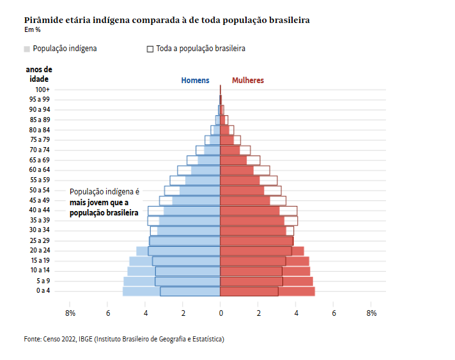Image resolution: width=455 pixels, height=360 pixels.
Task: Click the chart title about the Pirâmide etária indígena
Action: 167,20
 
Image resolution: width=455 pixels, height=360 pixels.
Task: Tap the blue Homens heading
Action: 195,81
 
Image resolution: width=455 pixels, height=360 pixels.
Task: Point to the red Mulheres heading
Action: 248,81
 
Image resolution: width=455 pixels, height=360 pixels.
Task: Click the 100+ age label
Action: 43,90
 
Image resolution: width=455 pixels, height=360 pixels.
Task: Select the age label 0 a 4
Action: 43,291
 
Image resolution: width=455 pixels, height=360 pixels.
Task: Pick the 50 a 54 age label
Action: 40,191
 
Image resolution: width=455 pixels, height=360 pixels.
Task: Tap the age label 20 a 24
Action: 40,251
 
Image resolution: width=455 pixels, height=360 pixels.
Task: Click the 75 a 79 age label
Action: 40,140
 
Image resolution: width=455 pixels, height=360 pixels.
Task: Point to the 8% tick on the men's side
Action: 70,313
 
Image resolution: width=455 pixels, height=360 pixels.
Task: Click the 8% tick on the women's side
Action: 371,313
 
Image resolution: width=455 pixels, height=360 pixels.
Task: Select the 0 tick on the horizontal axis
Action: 220,313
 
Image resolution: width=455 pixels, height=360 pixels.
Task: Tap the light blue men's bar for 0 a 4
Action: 141,292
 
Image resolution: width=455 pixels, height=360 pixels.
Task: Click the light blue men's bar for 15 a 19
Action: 141,261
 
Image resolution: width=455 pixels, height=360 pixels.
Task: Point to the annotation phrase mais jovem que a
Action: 99,202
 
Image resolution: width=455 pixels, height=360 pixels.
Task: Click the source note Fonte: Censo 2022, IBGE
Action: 124,339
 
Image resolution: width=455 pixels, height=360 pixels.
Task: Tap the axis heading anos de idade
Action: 39,74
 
